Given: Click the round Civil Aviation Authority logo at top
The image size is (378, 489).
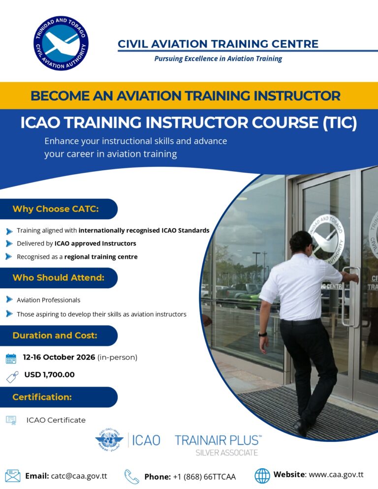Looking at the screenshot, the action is pos(61,43).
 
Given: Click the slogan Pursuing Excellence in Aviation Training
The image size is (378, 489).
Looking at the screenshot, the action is pos(218,59).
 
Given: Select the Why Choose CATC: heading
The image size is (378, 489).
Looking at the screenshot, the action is pos(56,209).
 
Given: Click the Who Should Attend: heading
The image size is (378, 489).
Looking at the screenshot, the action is pos(59,277).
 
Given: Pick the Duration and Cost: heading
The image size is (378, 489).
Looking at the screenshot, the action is pos(55,335).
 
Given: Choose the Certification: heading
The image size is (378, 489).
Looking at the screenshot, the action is pos(42,397).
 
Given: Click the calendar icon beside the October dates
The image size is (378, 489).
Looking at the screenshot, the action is pos(11,359).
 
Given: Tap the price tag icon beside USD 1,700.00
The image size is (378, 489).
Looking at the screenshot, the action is pos(12,377).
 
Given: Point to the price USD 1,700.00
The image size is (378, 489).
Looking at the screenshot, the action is pos(49,374).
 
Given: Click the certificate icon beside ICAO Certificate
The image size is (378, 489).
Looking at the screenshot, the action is pos(11,420).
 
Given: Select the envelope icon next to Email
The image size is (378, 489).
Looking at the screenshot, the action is pos(13,476).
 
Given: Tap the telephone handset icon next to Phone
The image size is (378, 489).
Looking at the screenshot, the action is pos(131,477).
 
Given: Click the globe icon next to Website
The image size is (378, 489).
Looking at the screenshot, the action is pos(262,476).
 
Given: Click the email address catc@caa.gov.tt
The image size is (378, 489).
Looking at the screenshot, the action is pos(79,476).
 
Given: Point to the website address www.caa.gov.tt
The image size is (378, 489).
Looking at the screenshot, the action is pos(336,475).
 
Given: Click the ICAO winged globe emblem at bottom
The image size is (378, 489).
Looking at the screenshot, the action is pos(109,440).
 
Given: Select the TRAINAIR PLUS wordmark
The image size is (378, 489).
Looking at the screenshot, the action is pos(218,440).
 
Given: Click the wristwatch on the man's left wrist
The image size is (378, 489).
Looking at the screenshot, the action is pos(263,335).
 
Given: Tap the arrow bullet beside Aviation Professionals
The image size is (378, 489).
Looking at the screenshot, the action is pos(9,300).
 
